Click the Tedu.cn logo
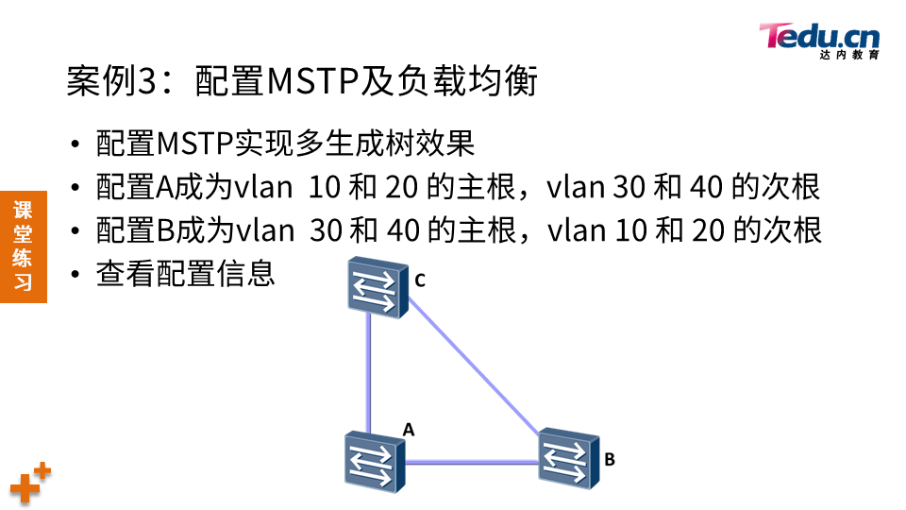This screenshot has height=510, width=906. tap(818, 39)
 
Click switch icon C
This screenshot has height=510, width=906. tap(377, 287)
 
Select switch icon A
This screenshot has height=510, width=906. tap(374, 462)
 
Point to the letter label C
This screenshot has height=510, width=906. tap(421, 279)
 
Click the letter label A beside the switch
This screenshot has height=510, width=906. tap(409, 429)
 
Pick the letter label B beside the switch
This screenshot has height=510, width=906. tap(610, 460)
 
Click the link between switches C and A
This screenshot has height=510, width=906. tap(370, 373)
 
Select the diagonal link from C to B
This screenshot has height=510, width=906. tap(476, 372)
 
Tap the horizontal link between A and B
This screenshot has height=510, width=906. tap(472, 462)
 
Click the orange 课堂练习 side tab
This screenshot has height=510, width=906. tap(23, 246)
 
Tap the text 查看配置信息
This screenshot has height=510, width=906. tap(185, 274)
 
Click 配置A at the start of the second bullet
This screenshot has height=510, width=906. tap(131, 187)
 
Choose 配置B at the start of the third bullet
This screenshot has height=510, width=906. tap(131, 230)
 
